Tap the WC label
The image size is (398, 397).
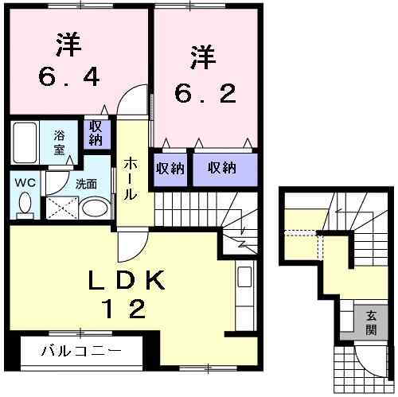pyautogui.click(x=24, y=182)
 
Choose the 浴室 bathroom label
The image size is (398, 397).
pyautogui.click(x=60, y=142)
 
